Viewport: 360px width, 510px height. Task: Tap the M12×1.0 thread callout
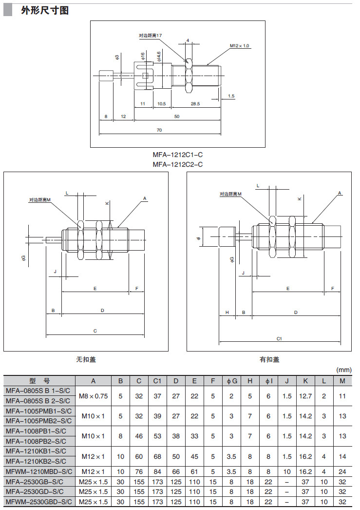pos(239,46)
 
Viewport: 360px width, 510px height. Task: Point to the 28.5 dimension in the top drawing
pos(195,104)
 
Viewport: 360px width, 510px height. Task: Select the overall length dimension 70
pos(159,130)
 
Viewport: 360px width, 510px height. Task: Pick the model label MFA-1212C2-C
pos(178,164)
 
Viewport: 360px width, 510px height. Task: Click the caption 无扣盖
pos(86,359)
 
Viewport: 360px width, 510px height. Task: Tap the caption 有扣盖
pos(269,359)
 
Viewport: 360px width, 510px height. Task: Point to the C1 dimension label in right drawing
pos(280,338)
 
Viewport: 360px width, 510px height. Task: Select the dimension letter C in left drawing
pos(95,331)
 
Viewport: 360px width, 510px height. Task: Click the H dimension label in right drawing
pos(227,312)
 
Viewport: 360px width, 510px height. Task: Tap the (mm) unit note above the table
pos(343,370)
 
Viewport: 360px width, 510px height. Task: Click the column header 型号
pos(39,381)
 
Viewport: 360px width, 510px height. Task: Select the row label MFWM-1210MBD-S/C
pos(39,471)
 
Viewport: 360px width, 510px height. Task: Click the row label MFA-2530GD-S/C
pos(39,491)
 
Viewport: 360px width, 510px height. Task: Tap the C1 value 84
pos(157,471)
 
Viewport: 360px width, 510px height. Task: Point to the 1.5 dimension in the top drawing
pos(231,96)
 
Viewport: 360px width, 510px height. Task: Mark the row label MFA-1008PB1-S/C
pos(39,431)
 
